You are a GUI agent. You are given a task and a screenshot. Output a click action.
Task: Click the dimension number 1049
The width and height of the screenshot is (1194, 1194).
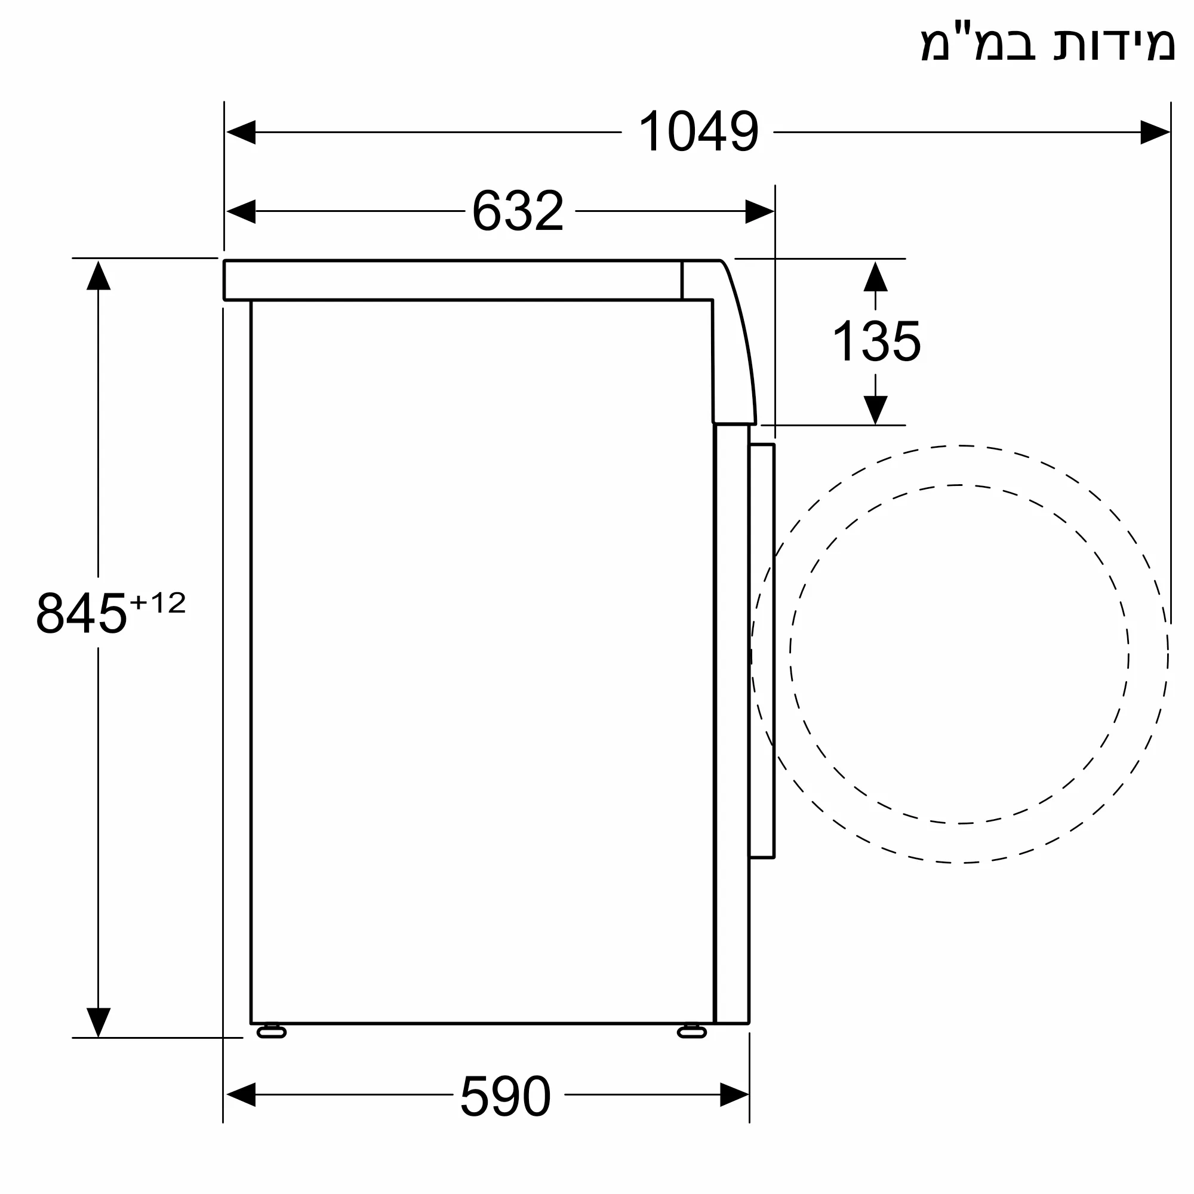click(698, 131)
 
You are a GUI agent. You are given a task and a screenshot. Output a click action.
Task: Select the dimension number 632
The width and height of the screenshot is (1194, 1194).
click(518, 211)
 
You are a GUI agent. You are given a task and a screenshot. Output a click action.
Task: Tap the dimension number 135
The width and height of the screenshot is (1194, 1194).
click(876, 340)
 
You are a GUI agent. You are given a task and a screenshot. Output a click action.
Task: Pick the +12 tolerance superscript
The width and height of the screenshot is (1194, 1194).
click(158, 602)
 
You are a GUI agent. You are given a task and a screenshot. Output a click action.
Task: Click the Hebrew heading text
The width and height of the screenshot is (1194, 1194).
click(1048, 43)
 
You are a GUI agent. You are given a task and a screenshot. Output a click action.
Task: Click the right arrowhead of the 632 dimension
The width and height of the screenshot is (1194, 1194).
click(759, 211)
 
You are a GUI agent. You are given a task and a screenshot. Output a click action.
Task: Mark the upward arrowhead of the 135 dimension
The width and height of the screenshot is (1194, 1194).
click(875, 276)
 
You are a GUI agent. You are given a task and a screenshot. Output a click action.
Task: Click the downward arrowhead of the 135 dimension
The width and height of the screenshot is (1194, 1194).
click(875, 410)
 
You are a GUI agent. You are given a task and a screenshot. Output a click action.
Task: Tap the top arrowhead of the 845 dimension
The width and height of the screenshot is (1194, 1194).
click(99, 276)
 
